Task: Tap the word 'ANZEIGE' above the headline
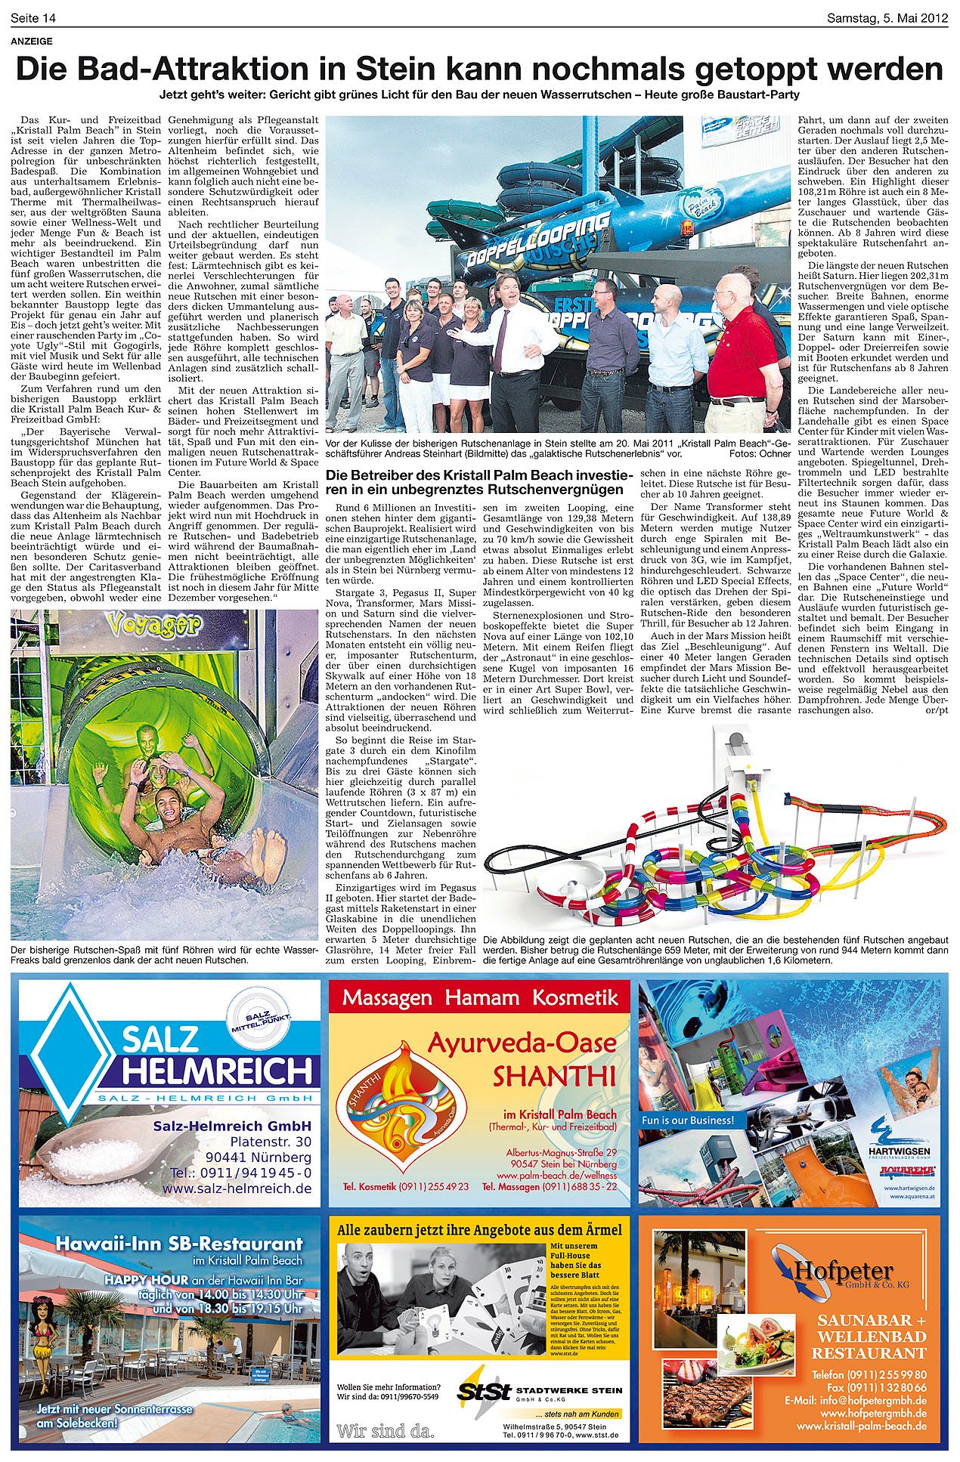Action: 32,42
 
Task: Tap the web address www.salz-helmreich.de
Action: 236,1188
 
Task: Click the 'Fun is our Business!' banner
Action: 687,1120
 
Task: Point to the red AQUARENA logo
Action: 907,1170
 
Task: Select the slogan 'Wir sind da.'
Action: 386,1431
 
